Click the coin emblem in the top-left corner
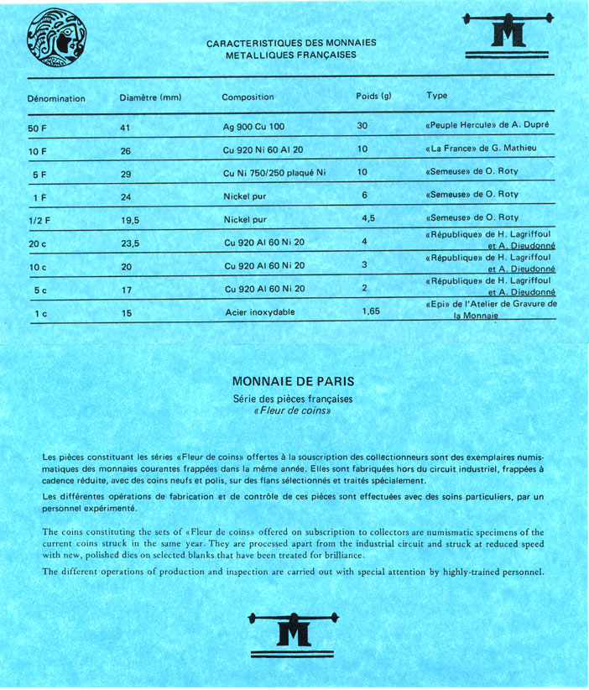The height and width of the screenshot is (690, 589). click(57, 39)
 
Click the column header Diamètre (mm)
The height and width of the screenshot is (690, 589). click(151, 97)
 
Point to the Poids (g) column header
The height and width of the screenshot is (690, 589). click(374, 96)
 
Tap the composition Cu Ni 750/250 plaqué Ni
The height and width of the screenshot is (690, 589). click(274, 173)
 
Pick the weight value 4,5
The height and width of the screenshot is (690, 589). click(367, 218)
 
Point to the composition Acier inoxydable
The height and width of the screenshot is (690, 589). click(260, 312)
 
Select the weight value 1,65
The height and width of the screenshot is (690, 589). click(371, 311)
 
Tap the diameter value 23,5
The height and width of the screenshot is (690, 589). click(130, 243)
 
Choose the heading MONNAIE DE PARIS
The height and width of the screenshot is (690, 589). click(293, 381)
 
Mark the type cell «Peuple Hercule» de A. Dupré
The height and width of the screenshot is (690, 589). click(487, 124)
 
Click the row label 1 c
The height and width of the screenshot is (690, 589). click(36, 313)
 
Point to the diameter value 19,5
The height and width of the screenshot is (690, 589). click(130, 220)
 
